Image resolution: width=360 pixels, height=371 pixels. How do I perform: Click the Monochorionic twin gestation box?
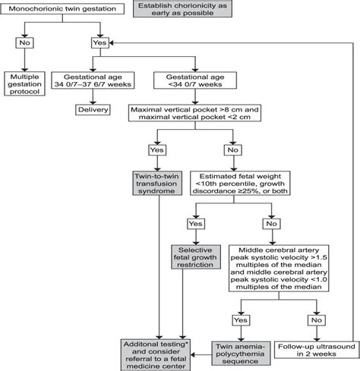point(62,9)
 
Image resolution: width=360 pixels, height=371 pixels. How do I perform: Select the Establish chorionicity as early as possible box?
point(182,8)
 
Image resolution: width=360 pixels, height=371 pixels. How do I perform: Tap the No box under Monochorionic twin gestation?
point(24,42)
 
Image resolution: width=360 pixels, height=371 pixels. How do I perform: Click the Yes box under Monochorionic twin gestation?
point(100,42)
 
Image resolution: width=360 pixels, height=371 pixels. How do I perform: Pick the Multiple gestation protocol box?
point(24,84)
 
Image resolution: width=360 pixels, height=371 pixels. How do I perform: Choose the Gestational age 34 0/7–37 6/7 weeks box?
point(93,80)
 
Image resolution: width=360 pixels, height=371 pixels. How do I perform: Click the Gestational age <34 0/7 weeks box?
point(195,80)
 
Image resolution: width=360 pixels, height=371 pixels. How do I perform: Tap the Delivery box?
point(93,110)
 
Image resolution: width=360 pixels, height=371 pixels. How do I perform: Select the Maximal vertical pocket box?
point(194,113)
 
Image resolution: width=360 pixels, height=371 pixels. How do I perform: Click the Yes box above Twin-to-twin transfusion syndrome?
point(157,150)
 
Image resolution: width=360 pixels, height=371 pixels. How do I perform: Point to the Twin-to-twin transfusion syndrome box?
point(157,184)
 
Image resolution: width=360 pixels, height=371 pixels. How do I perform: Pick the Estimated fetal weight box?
point(240,184)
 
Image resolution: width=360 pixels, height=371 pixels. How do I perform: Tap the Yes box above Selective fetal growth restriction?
point(196,224)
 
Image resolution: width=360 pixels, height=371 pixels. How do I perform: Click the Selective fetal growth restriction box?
point(196,257)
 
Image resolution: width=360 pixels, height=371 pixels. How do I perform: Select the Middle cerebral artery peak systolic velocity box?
point(279,268)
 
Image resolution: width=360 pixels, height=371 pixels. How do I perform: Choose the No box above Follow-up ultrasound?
point(317,320)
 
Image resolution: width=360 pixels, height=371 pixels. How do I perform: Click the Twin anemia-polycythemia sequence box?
point(241,354)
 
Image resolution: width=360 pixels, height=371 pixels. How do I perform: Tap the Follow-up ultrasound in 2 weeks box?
point(317,351)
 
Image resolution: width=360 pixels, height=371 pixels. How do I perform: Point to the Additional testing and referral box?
point(156,355)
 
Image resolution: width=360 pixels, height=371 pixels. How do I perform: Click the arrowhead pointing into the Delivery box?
point(93,102)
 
